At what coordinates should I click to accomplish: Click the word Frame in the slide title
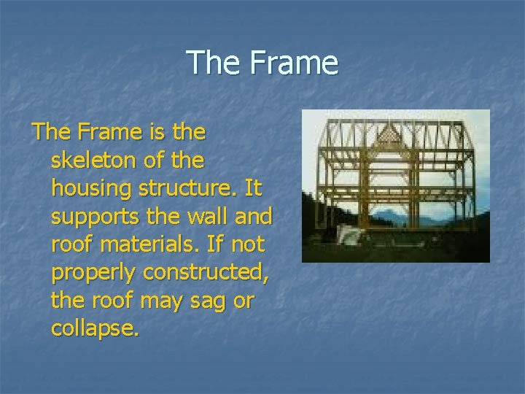click(x=293, y=63)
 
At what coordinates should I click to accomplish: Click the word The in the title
click(x=213, y=63)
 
